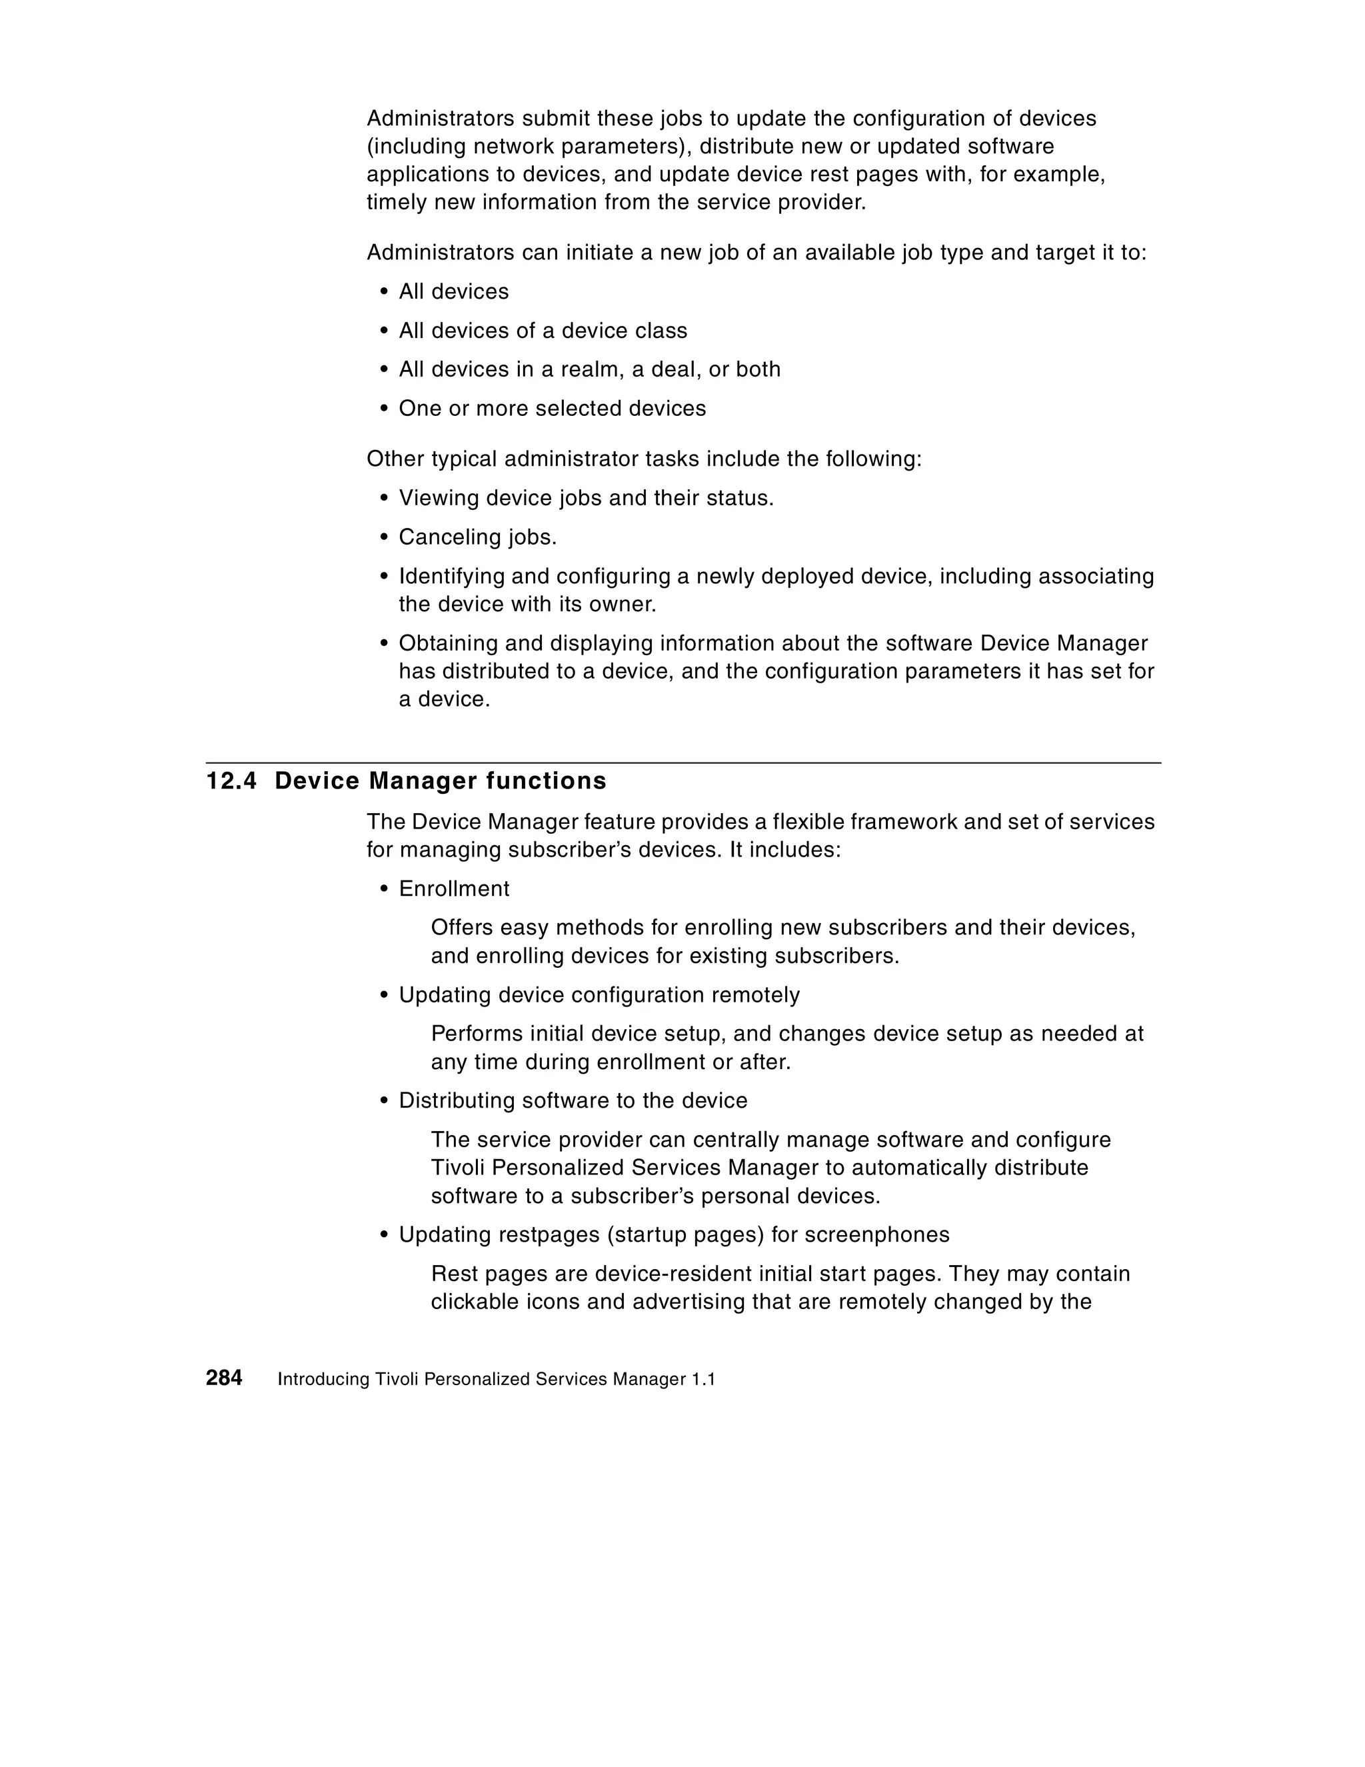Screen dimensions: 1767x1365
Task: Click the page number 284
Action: (224, 1378)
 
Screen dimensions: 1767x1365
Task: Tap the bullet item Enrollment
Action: (454, 888)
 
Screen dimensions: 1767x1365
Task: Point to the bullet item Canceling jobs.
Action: (477, 537)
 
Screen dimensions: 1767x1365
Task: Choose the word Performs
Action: (477, 1034)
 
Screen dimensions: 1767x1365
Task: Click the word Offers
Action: (461, 927)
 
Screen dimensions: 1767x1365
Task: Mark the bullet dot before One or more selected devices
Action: (385, 409)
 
